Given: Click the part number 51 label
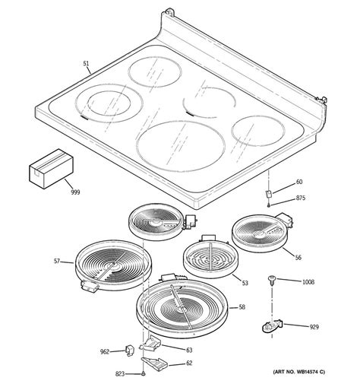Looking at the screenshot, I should [x=86, y=65].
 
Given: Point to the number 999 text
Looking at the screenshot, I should [x=75, y=192].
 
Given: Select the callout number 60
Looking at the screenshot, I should [x=299, y=182].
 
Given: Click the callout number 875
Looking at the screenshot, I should [x=301, y=198].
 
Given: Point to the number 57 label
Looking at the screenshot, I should [x=56, y=262].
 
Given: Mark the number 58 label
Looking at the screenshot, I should [x=242, y=307].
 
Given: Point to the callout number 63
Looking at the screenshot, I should [x=189, y=350].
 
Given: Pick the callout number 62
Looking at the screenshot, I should [x=189, y=363].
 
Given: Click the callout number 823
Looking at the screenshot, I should [x=119, y=373].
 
